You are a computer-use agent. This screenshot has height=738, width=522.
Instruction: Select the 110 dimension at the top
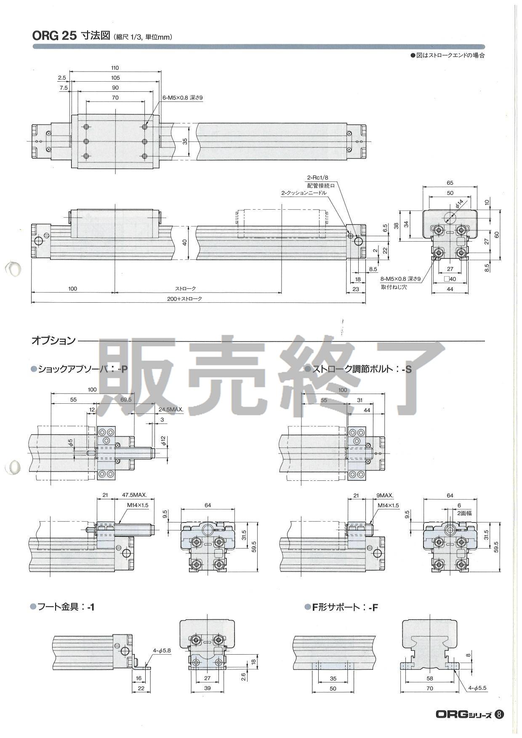click(115, 67)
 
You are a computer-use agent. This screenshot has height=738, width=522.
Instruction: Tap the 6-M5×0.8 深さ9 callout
click(183, 98)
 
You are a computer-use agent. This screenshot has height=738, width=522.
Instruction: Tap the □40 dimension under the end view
click(450, 279)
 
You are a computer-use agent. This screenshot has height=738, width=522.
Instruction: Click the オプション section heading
click(53, 341)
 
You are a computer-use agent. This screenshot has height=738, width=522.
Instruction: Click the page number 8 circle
click(499, 714)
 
